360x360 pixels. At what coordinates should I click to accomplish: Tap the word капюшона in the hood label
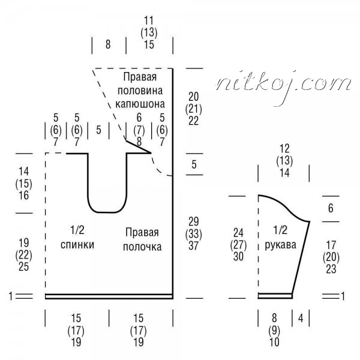click(x=140, y=104)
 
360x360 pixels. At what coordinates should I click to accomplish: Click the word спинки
click(x=77, y=245)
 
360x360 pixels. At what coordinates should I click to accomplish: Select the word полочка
click(x=142, y=247)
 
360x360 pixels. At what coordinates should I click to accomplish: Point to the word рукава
click(x=281, y=245)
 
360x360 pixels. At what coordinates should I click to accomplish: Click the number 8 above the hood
click(x=108, y=44)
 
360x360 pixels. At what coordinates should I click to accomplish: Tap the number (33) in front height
click(x=194, y=234)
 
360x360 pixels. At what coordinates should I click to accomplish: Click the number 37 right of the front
click(x=194, y=246)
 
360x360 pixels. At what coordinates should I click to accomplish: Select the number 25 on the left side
click(x=23, y=267)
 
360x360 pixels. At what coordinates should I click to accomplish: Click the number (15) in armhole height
click(x=23, y=184)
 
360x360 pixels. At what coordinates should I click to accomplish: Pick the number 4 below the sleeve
click(x=301, y=318)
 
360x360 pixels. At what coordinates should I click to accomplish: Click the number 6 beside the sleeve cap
click(x=331, y=208)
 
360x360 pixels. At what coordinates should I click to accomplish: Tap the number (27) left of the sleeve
click(x=238, y=245)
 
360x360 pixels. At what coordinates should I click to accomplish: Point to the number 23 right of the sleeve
click(x=331, y=269)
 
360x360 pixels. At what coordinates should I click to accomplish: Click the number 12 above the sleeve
click(x=284, y=149)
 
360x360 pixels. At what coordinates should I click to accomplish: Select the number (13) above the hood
click(x=149, y=32)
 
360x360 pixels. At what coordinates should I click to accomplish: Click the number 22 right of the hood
click(x=194, y=121)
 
